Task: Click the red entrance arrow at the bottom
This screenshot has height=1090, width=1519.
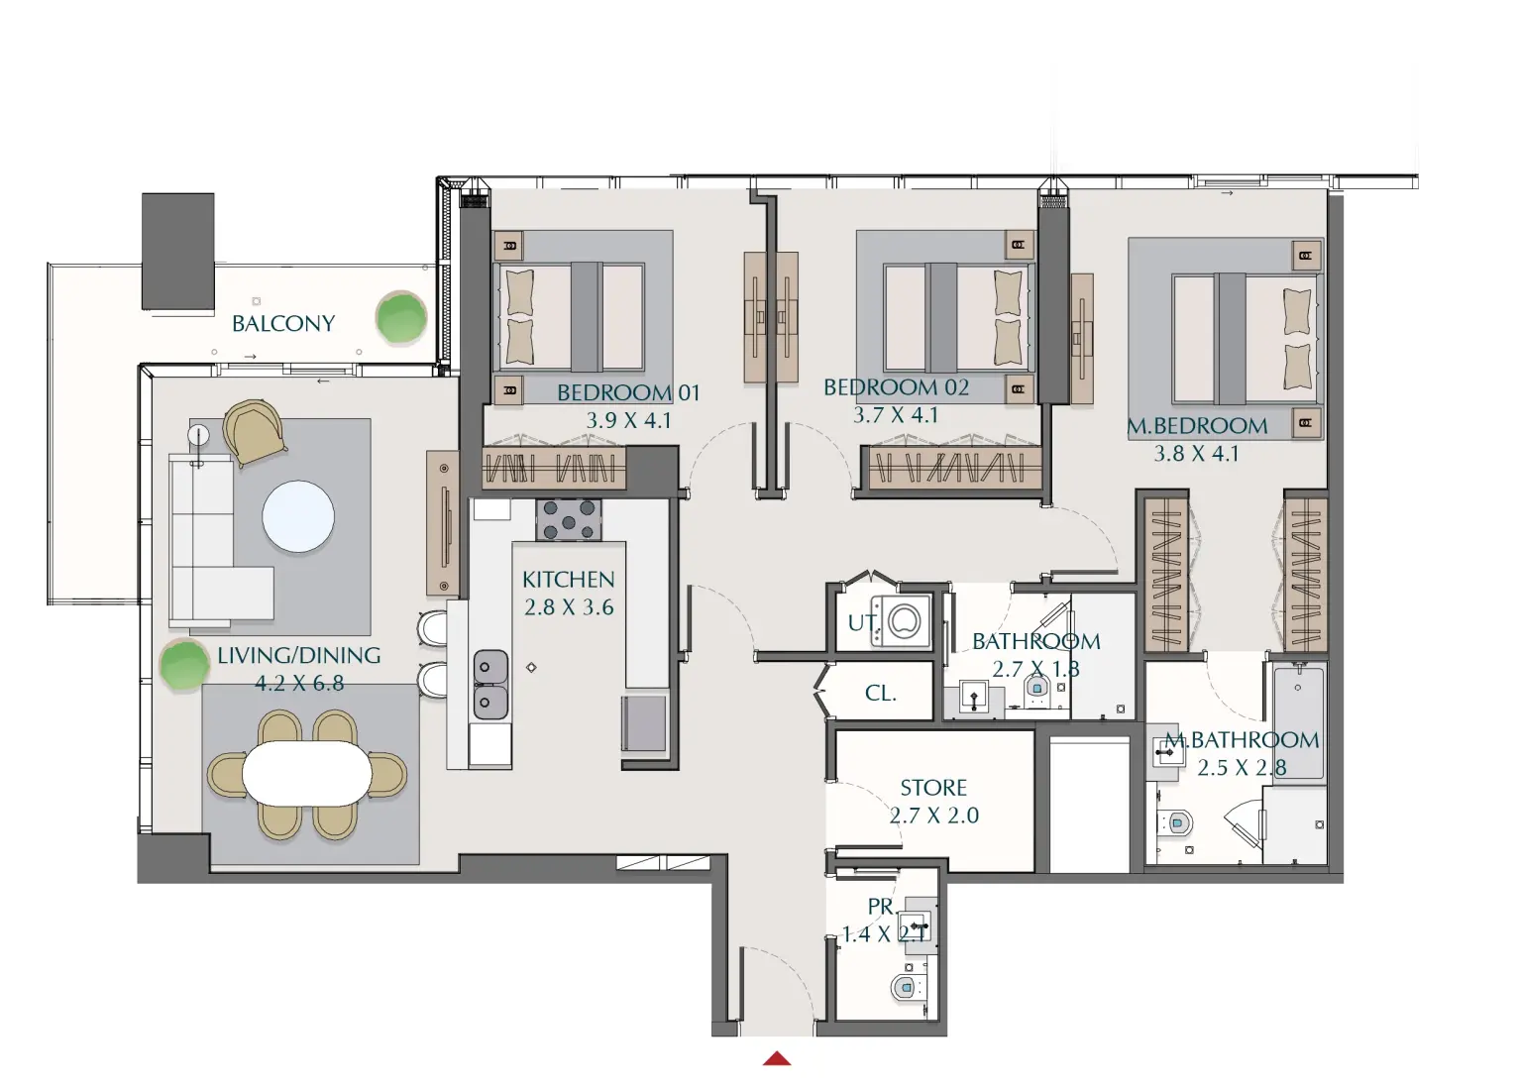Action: tap(777, 1058)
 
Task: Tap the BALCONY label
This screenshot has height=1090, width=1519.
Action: tap(283, 323)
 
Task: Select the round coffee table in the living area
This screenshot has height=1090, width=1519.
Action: tap(298, 516)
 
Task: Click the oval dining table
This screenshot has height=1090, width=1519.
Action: tap(306, 773)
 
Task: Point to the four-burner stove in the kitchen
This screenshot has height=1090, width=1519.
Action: tap(569, 520)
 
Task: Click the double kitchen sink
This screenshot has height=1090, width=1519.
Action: tap(490, 684)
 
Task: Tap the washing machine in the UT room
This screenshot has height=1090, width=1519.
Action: tap(903, 621)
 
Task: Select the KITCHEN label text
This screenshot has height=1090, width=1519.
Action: tap(569, 579)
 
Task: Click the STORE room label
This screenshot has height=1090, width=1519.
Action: tap(933, 788)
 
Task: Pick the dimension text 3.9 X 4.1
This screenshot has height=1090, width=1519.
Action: tap(629, 420)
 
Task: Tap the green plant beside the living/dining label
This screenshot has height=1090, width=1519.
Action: tap(184, 665)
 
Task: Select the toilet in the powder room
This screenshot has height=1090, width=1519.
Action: tap(904, 987)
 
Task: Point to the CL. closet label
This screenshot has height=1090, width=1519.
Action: tap(881, 694)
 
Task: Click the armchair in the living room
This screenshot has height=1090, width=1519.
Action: tap(255, 430)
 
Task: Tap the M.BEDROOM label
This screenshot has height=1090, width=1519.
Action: tap(1197, 426)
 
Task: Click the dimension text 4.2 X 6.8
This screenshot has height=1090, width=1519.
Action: tap(299, 683)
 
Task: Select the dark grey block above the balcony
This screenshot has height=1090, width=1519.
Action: tap(178, 251)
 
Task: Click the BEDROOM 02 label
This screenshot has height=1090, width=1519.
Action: tap(896, 387)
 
